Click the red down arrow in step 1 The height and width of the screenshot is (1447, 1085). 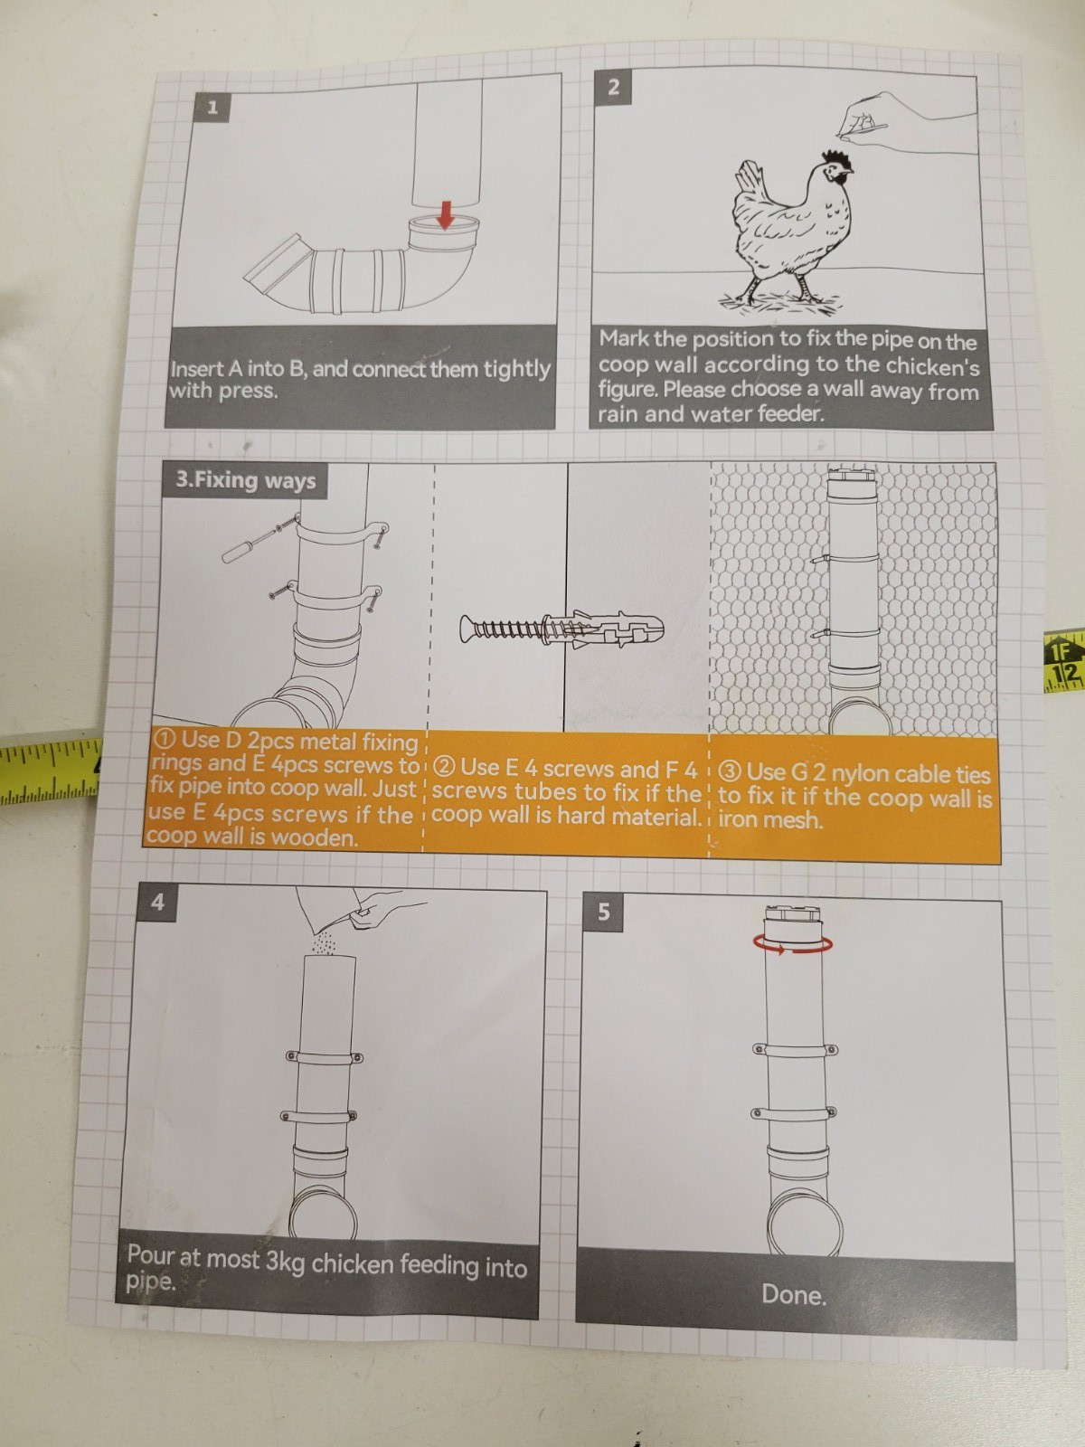pos(446,215)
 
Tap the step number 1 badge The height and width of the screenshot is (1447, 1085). pos(212,108)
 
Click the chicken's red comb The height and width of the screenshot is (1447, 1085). pos(835,159)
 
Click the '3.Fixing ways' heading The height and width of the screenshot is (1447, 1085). pos(245,480)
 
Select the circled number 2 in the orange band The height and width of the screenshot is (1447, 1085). pos(447,767)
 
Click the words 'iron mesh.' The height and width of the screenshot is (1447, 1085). pos(770,820)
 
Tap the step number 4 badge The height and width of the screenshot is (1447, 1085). pos(157,902)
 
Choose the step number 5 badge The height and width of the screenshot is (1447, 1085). pos(603,912)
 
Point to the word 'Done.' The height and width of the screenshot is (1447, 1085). pos(794,1295)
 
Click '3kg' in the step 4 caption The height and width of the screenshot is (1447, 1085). pos(284,1260)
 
